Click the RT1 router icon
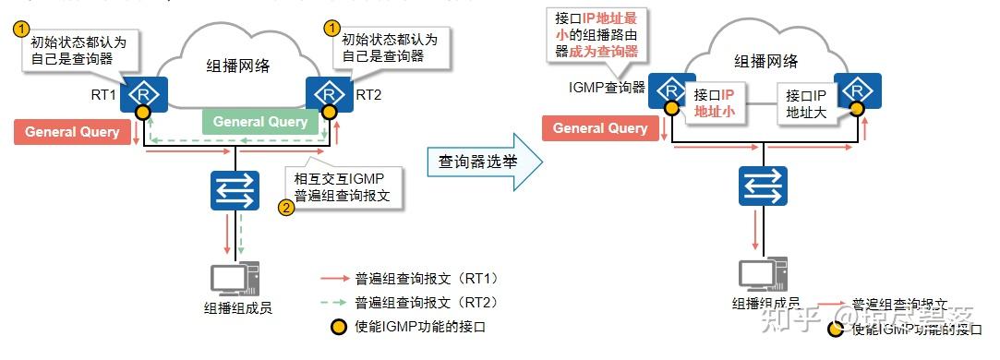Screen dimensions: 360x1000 click(x=143, y=93)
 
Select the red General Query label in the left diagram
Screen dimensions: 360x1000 click(x=72, y=132)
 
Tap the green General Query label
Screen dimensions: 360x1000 click(x=260, y=122)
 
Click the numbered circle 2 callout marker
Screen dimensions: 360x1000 click(x=286, y=208)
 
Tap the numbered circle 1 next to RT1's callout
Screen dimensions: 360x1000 click(x=20, y=29)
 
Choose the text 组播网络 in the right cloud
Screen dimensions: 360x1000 click(x=765, y=62)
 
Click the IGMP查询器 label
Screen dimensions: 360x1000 click(x=607, y=89)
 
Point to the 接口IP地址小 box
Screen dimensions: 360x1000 click(x=714, y=103)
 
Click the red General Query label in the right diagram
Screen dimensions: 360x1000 click(x=600, y=128)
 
